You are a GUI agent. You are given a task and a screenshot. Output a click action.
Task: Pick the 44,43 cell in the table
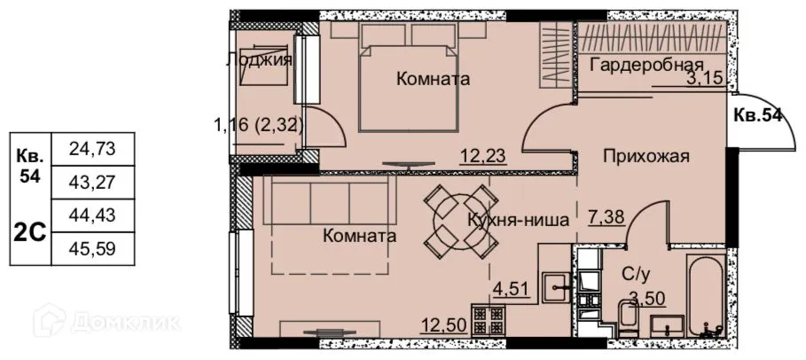coord(92,215)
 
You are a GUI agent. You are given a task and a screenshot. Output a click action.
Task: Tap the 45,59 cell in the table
coord(92,248)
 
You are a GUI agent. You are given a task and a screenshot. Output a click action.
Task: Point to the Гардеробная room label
coord(646,65)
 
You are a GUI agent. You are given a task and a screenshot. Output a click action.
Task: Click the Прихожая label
coord(646,157)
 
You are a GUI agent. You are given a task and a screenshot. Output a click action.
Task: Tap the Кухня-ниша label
coord(517,222)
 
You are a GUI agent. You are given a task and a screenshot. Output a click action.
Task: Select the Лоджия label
coord(259,60)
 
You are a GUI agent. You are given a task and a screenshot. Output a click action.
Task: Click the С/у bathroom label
coord(630,275)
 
